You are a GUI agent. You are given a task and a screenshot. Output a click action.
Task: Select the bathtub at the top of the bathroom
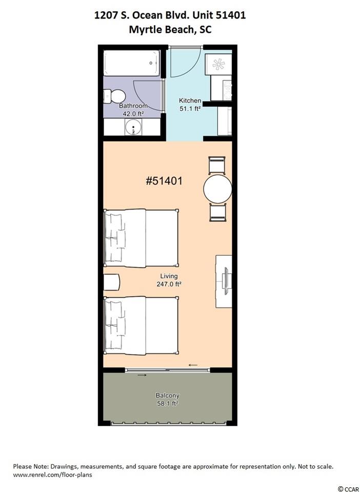pyautogui.click(x=132, y=63)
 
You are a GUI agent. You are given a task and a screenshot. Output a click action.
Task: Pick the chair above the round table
pyautogui.click(x=217, y=165)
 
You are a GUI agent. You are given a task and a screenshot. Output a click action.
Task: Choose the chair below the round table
pyautogui.click(x=217, y=213)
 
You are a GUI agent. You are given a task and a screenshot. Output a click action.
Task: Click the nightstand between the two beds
pyautogui.click(x=112, y=282)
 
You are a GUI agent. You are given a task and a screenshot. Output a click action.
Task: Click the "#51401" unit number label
pyautogui.click(x=164, y=181)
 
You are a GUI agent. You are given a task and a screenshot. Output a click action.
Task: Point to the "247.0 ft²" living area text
pyautogui.click(x=169, y=284)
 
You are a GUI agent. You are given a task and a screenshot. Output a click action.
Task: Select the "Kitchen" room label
pyautogui.click(x=190, y=101)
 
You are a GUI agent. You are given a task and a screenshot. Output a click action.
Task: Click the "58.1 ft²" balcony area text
pyautogui.click(x=167, y=404)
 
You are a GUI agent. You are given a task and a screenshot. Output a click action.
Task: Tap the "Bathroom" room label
pyautogui.click(x=133, y=106)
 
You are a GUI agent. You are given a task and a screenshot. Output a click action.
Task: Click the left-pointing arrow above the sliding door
pyautogui.click(x=193, y=365)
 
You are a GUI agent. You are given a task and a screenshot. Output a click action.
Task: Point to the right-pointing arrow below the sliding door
pyautogui.click(x=142, y=375)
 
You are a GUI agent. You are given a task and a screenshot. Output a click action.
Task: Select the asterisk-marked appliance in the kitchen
pyautogui.click(x=219, y=64)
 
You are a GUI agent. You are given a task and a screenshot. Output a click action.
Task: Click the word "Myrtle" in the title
pyautogui.click(x=143, y=30)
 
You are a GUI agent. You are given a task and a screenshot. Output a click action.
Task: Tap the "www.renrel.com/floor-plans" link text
pyautogui.click(x=53, y=475)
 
